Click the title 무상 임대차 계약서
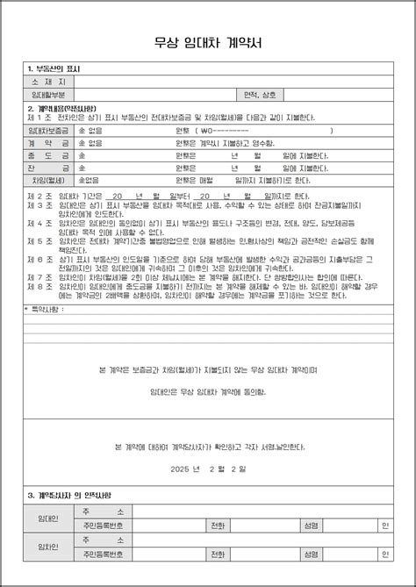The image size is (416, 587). [x=208, y=40]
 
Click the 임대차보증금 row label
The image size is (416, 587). [x=49, y=130]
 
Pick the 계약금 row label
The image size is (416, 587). [x=49, y=142]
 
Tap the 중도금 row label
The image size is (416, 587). [x=49, y=154]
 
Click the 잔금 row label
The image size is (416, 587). [x=49, y=167]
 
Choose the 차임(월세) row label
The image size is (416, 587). [x=49, y=180]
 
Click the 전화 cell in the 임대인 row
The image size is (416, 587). [x=216, y=526]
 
